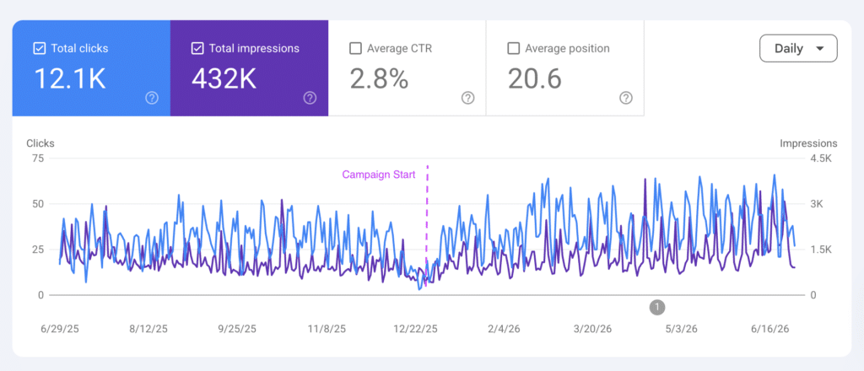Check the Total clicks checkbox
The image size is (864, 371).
click(x=39, y=48)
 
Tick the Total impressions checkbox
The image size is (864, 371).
click(x=197, y=48)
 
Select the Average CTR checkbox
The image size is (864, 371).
click(x=355, y=48)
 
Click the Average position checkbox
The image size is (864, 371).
click(x=514, y=48)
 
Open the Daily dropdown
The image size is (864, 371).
click(x=798, y=48)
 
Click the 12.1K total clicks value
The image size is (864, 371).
click(x=70, y=78)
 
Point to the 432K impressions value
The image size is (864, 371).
click(x=224, y=78)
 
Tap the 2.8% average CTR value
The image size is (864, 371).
click(x=379, y=78)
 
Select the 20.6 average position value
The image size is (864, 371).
click(x=534, y=78)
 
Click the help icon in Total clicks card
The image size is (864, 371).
click(x=152, y=98)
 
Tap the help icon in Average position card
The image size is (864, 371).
click(x=625, y=98)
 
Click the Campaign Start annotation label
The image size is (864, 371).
click(x=379, y=175)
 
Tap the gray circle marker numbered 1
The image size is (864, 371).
click(x=657, y=307)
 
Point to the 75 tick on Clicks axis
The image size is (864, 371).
click(x=37, y=159)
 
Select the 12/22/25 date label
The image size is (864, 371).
click(x=415, y=329)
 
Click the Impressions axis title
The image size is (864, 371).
click(x=808, y=143)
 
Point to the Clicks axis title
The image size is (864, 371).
click(x=40, y=143)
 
